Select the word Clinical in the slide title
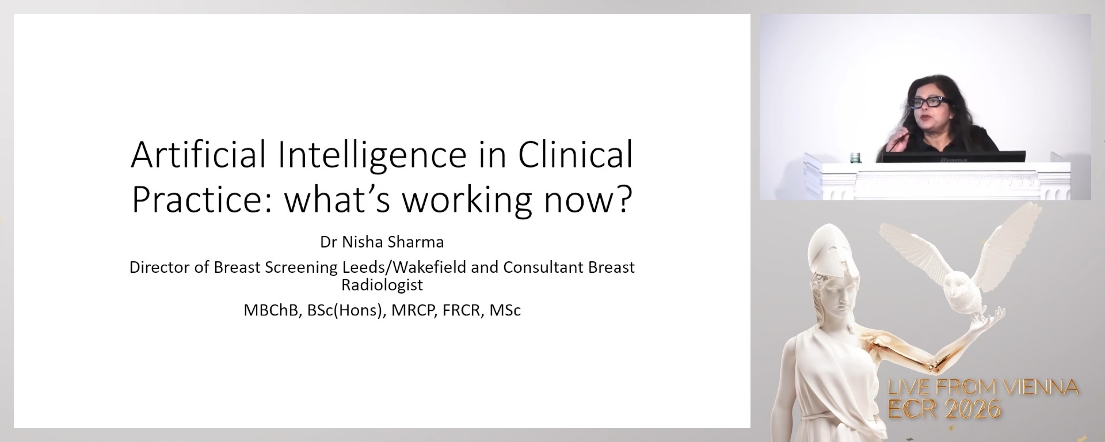[x=575, y=154]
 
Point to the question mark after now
[x=622, y=199]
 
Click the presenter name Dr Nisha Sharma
[x=382, y=242]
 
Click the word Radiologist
[x=382, y=284]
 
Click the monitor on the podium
[x=954, y=157]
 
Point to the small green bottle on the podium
[x=856, y=157]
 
